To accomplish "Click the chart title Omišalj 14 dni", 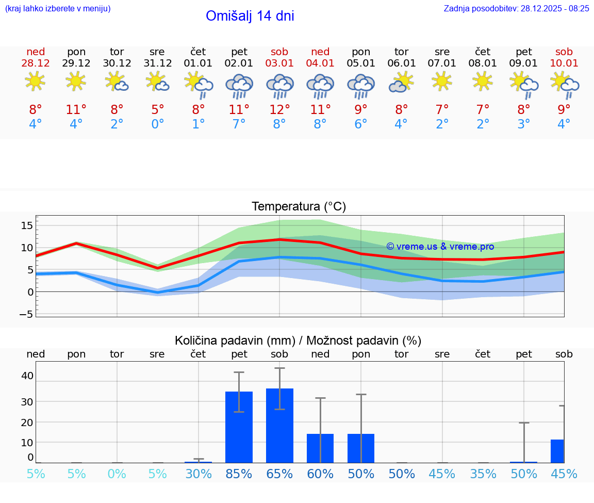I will [250, 16].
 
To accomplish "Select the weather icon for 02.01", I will [239, 85].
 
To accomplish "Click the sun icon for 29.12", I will [76, 81].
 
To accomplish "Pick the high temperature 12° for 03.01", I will [279, 109].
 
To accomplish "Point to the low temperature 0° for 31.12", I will [157, 124].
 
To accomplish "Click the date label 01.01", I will [198, 63].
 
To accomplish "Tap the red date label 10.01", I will [564, 63].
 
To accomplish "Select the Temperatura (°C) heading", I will [299, 206].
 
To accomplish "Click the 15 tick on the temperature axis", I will [27, 225].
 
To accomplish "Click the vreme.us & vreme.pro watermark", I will [440, 247].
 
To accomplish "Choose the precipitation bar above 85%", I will [239, 427].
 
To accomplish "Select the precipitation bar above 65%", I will [279, 426].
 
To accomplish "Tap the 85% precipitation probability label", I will [239, 474].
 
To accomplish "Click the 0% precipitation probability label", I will [117, 474].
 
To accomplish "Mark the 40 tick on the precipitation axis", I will [27, 376].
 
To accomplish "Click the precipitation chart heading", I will [298, 340].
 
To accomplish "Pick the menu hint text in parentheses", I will [58, 8].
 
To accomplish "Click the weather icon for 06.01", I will [401, 83].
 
